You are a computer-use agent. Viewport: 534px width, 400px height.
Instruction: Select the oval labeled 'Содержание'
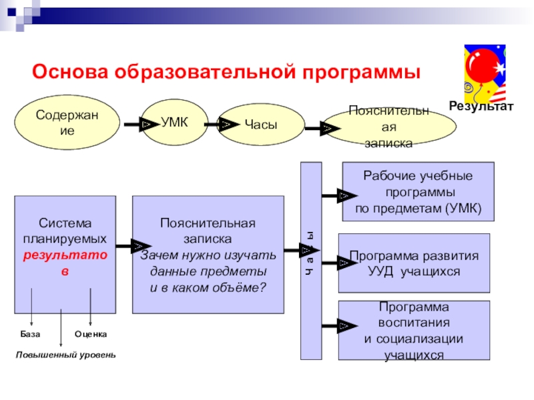pos(67,124)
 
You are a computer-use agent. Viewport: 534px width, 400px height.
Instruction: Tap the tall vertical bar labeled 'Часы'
pos(311,260)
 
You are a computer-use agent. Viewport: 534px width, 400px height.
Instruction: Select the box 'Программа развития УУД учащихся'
pos(415,263)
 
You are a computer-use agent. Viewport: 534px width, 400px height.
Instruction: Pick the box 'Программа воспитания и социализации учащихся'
pos(414,331)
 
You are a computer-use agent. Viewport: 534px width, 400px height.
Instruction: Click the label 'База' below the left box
pos(30,333)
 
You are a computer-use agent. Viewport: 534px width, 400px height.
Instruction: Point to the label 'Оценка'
pos(91,333)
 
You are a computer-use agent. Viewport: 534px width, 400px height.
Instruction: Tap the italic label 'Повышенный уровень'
pos(66,355)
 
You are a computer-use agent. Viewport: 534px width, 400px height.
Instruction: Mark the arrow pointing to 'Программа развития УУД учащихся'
pos(332,264)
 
